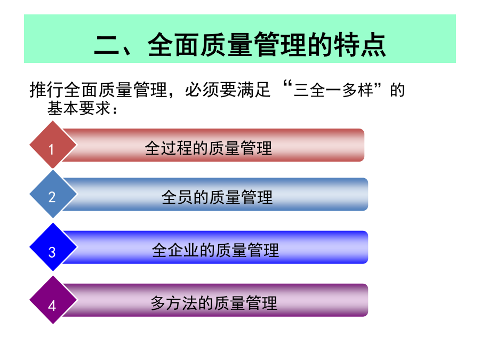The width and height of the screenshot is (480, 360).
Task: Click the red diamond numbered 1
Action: pyautogui.click(x=53, y=145)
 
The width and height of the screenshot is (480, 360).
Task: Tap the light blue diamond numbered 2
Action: pyautogui.click(x=53, y=194)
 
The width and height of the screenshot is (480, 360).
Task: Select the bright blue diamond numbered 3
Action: pyautogui.click(x=53, y=247)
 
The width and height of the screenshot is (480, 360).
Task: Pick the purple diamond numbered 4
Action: pyautogui.click(x=53, y=300)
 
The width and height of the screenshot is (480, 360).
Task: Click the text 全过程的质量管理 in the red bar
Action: pyautogui.click(x=209, y=148)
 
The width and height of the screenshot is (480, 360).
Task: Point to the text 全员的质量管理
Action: pyautogui.click(x=217, y=197)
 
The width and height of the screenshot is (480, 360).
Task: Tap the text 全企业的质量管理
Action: pyautogui.click(x=215, y=250)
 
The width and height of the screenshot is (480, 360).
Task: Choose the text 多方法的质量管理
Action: pyautogui.click(x=214, y=303)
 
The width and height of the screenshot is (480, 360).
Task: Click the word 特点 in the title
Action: pyautogui.click(x=359, y=45)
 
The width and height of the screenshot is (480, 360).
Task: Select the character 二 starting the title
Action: pyautogui.click(x=107, y=45)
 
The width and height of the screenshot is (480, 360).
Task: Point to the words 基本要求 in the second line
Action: pyautogui.click(x=79, y=108)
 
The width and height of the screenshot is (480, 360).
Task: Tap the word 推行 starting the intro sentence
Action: pyautogui.click(x=46, y=90)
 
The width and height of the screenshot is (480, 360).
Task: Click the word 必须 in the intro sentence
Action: pyautogui.click(x=202, y=90)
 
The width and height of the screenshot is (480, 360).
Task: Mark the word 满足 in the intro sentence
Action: pyautogui.click(x=253, y=90)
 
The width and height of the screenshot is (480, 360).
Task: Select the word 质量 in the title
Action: pyautogui.click(x=227, y=45)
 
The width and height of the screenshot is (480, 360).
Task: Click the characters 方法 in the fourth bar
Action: pyautogui.click(x=182, y=303)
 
